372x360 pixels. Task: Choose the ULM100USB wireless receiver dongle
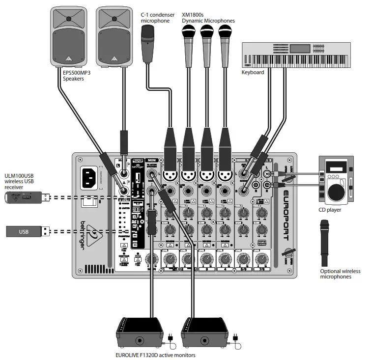27,198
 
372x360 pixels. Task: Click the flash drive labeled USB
27,230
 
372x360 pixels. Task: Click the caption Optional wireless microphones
340,274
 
